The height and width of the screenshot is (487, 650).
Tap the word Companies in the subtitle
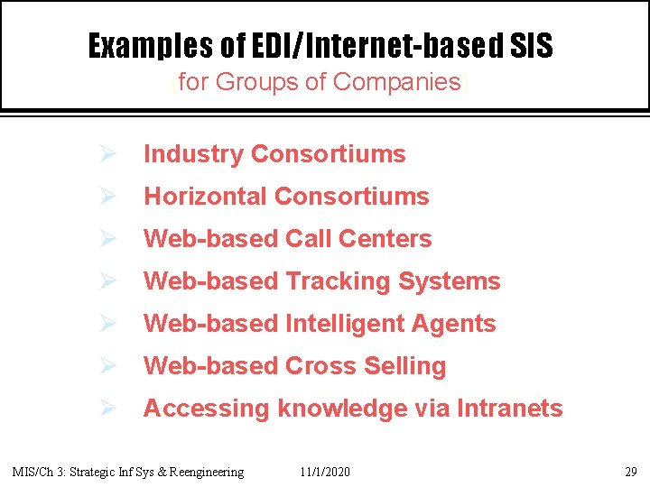click(x=397, y=82)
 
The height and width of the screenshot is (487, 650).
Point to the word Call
click(x=309, y=239)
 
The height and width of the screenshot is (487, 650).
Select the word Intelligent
click(x=348, y=324)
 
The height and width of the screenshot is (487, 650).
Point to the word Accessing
click(x=207, y=409)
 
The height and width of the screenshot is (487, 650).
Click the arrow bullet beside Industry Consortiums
click(x=106, y=154)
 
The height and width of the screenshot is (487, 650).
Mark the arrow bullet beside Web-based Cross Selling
click(x=106, y=366)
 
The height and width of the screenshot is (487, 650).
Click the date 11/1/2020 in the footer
click(x=325, y=472)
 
